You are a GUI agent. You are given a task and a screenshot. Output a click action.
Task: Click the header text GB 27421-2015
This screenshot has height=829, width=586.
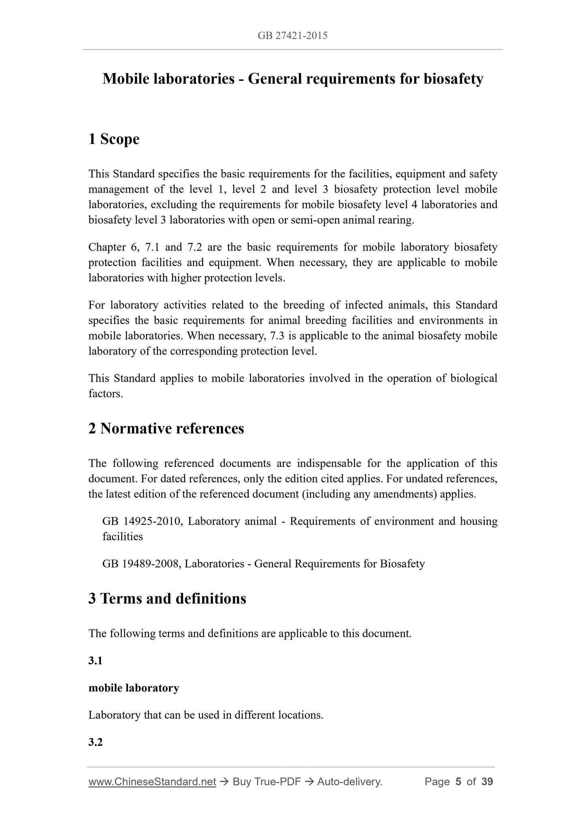coord(292,36)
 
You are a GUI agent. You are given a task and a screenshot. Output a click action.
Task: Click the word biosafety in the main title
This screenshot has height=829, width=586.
coord(453,79)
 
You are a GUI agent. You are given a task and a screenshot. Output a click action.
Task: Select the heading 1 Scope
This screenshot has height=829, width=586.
coord(114,139)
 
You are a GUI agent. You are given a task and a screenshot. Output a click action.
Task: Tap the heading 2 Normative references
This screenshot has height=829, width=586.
coord(166,428)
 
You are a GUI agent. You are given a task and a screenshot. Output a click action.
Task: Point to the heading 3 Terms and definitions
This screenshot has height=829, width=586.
coord(167,599)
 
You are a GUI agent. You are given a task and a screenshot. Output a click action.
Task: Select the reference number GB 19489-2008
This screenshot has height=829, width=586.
coord(141,564)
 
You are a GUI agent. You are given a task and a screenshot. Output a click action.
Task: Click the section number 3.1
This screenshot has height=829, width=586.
coord(95,661)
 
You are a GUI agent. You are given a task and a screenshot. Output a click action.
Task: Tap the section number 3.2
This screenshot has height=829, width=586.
coord(95,742)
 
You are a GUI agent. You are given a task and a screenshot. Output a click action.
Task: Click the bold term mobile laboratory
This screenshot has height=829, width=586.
coord(134,688)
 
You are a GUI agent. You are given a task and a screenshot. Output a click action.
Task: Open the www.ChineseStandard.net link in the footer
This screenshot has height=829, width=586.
coord(152,782)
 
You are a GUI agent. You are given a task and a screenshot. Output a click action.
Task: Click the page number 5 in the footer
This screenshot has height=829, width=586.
coord(458,782)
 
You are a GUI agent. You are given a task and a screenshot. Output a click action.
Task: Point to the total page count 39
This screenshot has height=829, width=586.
coord(487,782)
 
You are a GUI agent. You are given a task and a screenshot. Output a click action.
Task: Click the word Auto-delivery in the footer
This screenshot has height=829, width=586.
coord(349,782)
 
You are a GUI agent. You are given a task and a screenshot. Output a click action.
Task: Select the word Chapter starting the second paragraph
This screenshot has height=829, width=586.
coord(107,247)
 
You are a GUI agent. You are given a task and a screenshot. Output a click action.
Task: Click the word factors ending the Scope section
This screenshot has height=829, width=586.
coord(105,394)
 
